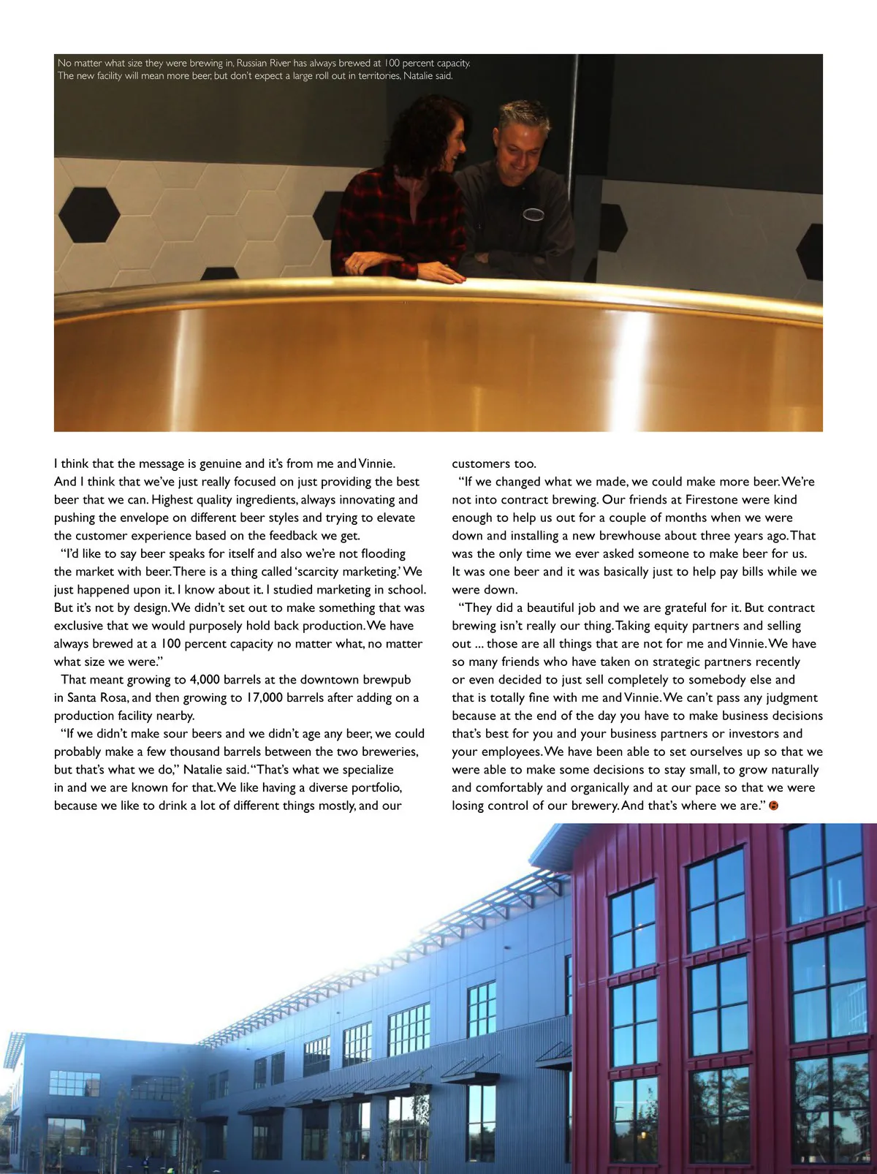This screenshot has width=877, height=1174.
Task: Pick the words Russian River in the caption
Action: tap(263, 64)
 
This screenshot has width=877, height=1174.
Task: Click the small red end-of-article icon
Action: tap(774, 806)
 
